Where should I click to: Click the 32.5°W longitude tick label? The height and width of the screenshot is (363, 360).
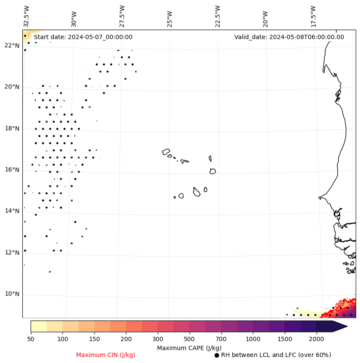tap(27, 16)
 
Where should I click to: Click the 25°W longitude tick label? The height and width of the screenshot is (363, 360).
tap(170, 16)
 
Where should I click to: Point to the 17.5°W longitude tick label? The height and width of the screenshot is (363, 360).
tap(313, 16)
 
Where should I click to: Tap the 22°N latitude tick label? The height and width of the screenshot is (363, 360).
tap(12, 46)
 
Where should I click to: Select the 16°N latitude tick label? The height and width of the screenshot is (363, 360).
tap(12, 170)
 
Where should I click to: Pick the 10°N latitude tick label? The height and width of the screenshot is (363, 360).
tap(12, 294)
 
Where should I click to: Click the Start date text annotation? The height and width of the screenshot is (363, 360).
tap(83, 37)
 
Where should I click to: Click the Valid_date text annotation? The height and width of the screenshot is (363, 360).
tap(289, 37)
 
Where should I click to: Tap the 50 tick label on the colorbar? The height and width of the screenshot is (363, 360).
tap(31, 339)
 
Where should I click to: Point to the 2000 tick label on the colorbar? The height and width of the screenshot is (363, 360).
tap(317, 339)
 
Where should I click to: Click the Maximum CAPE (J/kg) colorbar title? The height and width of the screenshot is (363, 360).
tap(189, 348)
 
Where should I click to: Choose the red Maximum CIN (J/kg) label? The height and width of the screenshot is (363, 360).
tap(106, 355)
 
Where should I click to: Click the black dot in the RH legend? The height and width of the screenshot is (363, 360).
tap(217, 355)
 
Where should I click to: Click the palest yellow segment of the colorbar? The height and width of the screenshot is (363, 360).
tap(38, 326)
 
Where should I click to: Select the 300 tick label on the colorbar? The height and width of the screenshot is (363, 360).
tap(158, 339)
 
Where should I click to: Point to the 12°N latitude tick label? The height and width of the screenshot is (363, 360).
tap(12, 253)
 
